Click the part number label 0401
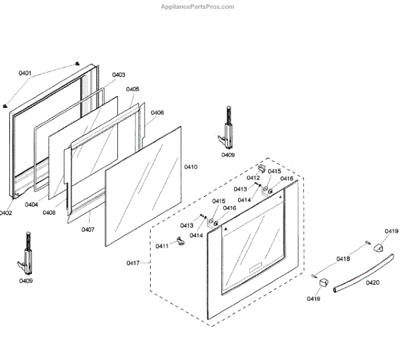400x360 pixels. pyautogui.click(x=25, y=73)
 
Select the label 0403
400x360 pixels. pyautogui.click(x=119, y=75)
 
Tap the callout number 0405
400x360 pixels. pyautogui.click(x=132, y=89)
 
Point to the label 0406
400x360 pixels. pyautogui.click(x=157, y=113)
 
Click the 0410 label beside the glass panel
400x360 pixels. pyautogui.click(x=191, y=167)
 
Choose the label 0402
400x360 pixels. pyautogui.click(x=5, y=213)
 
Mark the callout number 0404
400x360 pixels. pyautogui.click(x=31, y=205)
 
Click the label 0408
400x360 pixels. pyautogui.click(x=49, y=212)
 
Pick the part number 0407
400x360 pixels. pyautogui.click(x=88, y=230)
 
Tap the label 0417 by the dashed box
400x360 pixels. pyautogui.click(x=133, y=264)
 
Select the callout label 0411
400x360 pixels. pyautogui.click(x=161, y=247)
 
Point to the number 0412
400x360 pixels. pyautogui.click(x=253, y=178)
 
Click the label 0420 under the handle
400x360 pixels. pyautogui.click(x=373, y=282)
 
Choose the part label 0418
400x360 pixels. pyautogui.click(x=343, y=259)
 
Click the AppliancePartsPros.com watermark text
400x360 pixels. pyautogui.click(x=198, y=7)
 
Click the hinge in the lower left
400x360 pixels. pyautogui.click(x=27, y=253)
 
